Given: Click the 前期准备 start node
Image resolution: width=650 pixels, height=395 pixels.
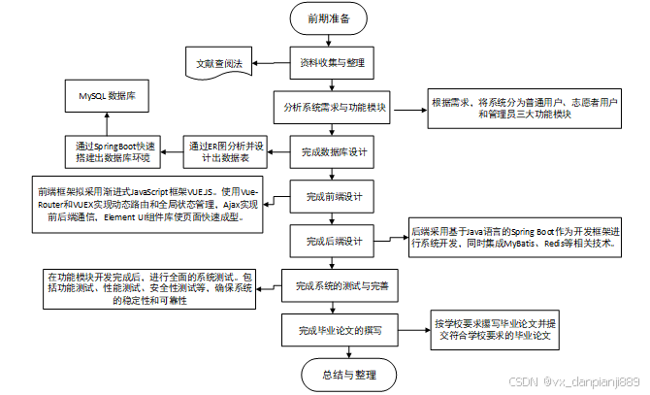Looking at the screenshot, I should pos(333,19).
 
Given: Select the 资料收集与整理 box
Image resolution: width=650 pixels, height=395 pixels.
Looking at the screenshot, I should pos(333,63).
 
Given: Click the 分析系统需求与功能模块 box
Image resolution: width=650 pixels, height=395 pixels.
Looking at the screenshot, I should pos(333,108).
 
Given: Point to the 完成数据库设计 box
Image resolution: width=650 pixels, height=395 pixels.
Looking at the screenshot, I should pos(333,151).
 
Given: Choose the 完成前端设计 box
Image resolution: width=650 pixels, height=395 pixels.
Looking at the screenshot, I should pos(333,197).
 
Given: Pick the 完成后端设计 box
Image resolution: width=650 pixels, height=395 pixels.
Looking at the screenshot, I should pos(333,241).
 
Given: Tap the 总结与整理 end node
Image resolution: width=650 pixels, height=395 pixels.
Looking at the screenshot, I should pos(333,374).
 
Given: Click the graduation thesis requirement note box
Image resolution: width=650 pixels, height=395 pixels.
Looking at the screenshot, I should pos(498,329).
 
